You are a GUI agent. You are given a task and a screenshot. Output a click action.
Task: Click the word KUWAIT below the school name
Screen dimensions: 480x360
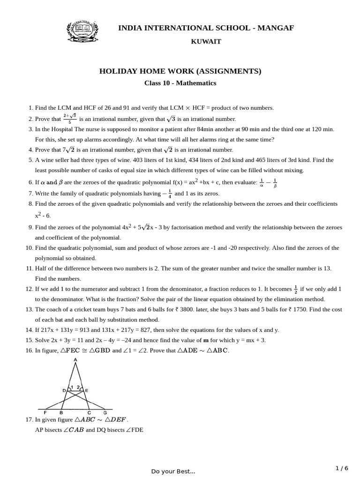click(x=206, y=42)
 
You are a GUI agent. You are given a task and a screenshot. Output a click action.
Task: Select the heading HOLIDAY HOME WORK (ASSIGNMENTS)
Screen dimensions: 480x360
click(x=180, y=71)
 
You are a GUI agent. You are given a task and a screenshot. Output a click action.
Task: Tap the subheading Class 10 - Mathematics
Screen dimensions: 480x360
click(x=180, y=83)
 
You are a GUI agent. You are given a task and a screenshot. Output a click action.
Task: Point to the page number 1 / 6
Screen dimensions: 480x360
click(x=342, y=468)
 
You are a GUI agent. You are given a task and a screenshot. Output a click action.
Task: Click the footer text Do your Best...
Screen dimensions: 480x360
click(x=173, y=471)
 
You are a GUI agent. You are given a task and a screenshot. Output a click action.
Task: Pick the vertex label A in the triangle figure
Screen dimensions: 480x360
click(x=75, y=360)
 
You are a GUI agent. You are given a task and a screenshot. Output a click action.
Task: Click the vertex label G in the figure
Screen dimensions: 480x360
click(x=105, y=412)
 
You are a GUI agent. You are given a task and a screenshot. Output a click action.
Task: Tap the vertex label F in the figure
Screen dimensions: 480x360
click(x=45, y=412)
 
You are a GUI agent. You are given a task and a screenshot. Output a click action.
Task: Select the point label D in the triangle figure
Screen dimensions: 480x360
click(x=64, y=390)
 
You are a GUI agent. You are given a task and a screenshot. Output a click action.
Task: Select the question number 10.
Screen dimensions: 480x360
click(x=29, y=248)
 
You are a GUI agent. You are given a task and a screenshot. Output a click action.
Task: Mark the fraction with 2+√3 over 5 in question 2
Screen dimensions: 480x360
click(x=70, y=119)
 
